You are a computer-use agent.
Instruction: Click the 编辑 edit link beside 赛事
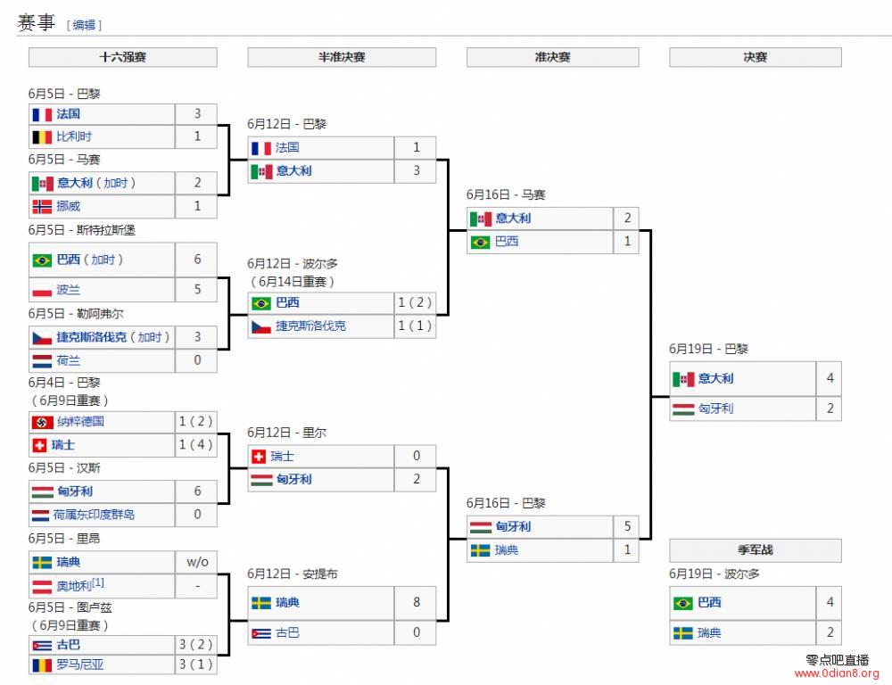click(x=84, y=25)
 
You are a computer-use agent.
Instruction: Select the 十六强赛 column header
click(x=123, y=57)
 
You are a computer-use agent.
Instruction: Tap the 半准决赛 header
click(x=342, y=57)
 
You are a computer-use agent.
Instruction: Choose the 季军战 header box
click(x=756, y=550)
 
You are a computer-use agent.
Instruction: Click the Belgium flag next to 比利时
click(x=42, y=137)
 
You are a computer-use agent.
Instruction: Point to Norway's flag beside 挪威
click(x=42, y=207)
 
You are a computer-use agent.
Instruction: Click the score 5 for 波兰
click(x=197, y=289)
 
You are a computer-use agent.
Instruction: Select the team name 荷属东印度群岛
click(x=95, y=515)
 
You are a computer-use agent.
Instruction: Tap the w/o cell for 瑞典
click(x=197, y=562)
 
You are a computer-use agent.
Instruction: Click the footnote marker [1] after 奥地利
click(x=98, y=582)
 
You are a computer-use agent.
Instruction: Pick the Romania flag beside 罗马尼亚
click(x=42, y=664)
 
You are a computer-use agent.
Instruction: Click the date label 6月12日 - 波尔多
click(x=293, y=264)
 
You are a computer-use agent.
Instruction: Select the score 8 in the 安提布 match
click(x=417, y=602)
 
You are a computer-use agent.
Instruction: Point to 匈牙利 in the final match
click(x=716, y=409)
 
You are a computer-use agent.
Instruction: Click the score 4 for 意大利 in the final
click(x=830, y=378)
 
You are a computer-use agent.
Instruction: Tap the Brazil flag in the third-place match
click(x=682, y=603)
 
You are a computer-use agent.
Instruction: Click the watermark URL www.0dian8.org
click(x=838, y=673)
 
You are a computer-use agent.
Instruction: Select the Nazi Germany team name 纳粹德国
click(x=81, y=422)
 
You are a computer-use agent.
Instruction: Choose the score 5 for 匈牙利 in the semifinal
click(x=627, y=526)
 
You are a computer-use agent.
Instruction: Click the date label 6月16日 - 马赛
click(x=506, y=195)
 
